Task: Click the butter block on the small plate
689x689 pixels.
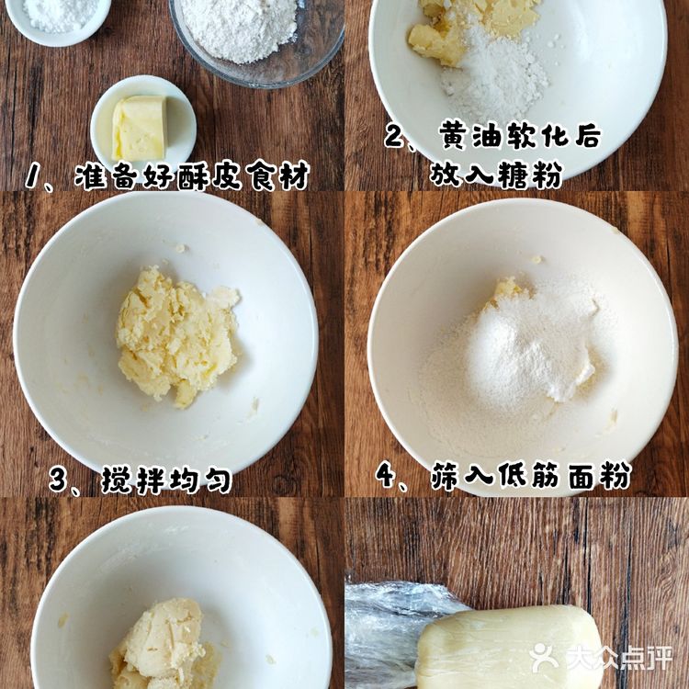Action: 140,128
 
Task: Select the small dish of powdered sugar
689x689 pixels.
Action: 57,14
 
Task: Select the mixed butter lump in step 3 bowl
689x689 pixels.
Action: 175,335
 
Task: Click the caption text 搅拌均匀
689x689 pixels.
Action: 165,480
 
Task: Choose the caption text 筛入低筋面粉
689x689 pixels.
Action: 530,476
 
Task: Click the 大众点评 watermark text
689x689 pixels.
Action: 617,658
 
